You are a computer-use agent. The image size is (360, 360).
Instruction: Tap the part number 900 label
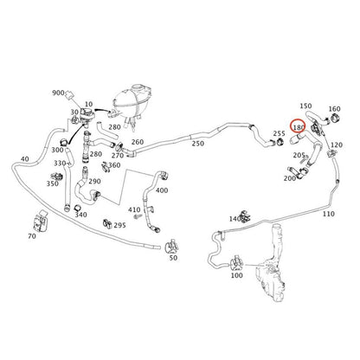58,93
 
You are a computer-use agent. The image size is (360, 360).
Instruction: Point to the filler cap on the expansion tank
138,87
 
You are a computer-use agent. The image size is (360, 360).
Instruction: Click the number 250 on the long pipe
198,144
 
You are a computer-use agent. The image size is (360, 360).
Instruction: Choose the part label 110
328,214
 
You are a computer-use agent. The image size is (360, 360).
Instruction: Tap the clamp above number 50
172,246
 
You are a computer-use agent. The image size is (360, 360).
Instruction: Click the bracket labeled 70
41,221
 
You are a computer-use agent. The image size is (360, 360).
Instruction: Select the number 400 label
162,190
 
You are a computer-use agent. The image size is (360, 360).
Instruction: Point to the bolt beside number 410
137,216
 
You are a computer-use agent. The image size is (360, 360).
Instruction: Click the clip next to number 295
107,222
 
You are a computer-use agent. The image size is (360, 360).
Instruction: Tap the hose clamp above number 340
77,208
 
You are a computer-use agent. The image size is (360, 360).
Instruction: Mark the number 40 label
25,159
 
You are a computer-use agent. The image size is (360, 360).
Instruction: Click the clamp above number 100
236,262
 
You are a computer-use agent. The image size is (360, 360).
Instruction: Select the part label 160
335,109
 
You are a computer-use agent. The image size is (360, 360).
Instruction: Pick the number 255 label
279,133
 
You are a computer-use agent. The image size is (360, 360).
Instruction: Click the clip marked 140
245,215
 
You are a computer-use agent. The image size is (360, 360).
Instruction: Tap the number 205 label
299,155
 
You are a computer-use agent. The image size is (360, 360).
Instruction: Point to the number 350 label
53,183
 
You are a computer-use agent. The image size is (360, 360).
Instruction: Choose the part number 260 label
138,142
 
